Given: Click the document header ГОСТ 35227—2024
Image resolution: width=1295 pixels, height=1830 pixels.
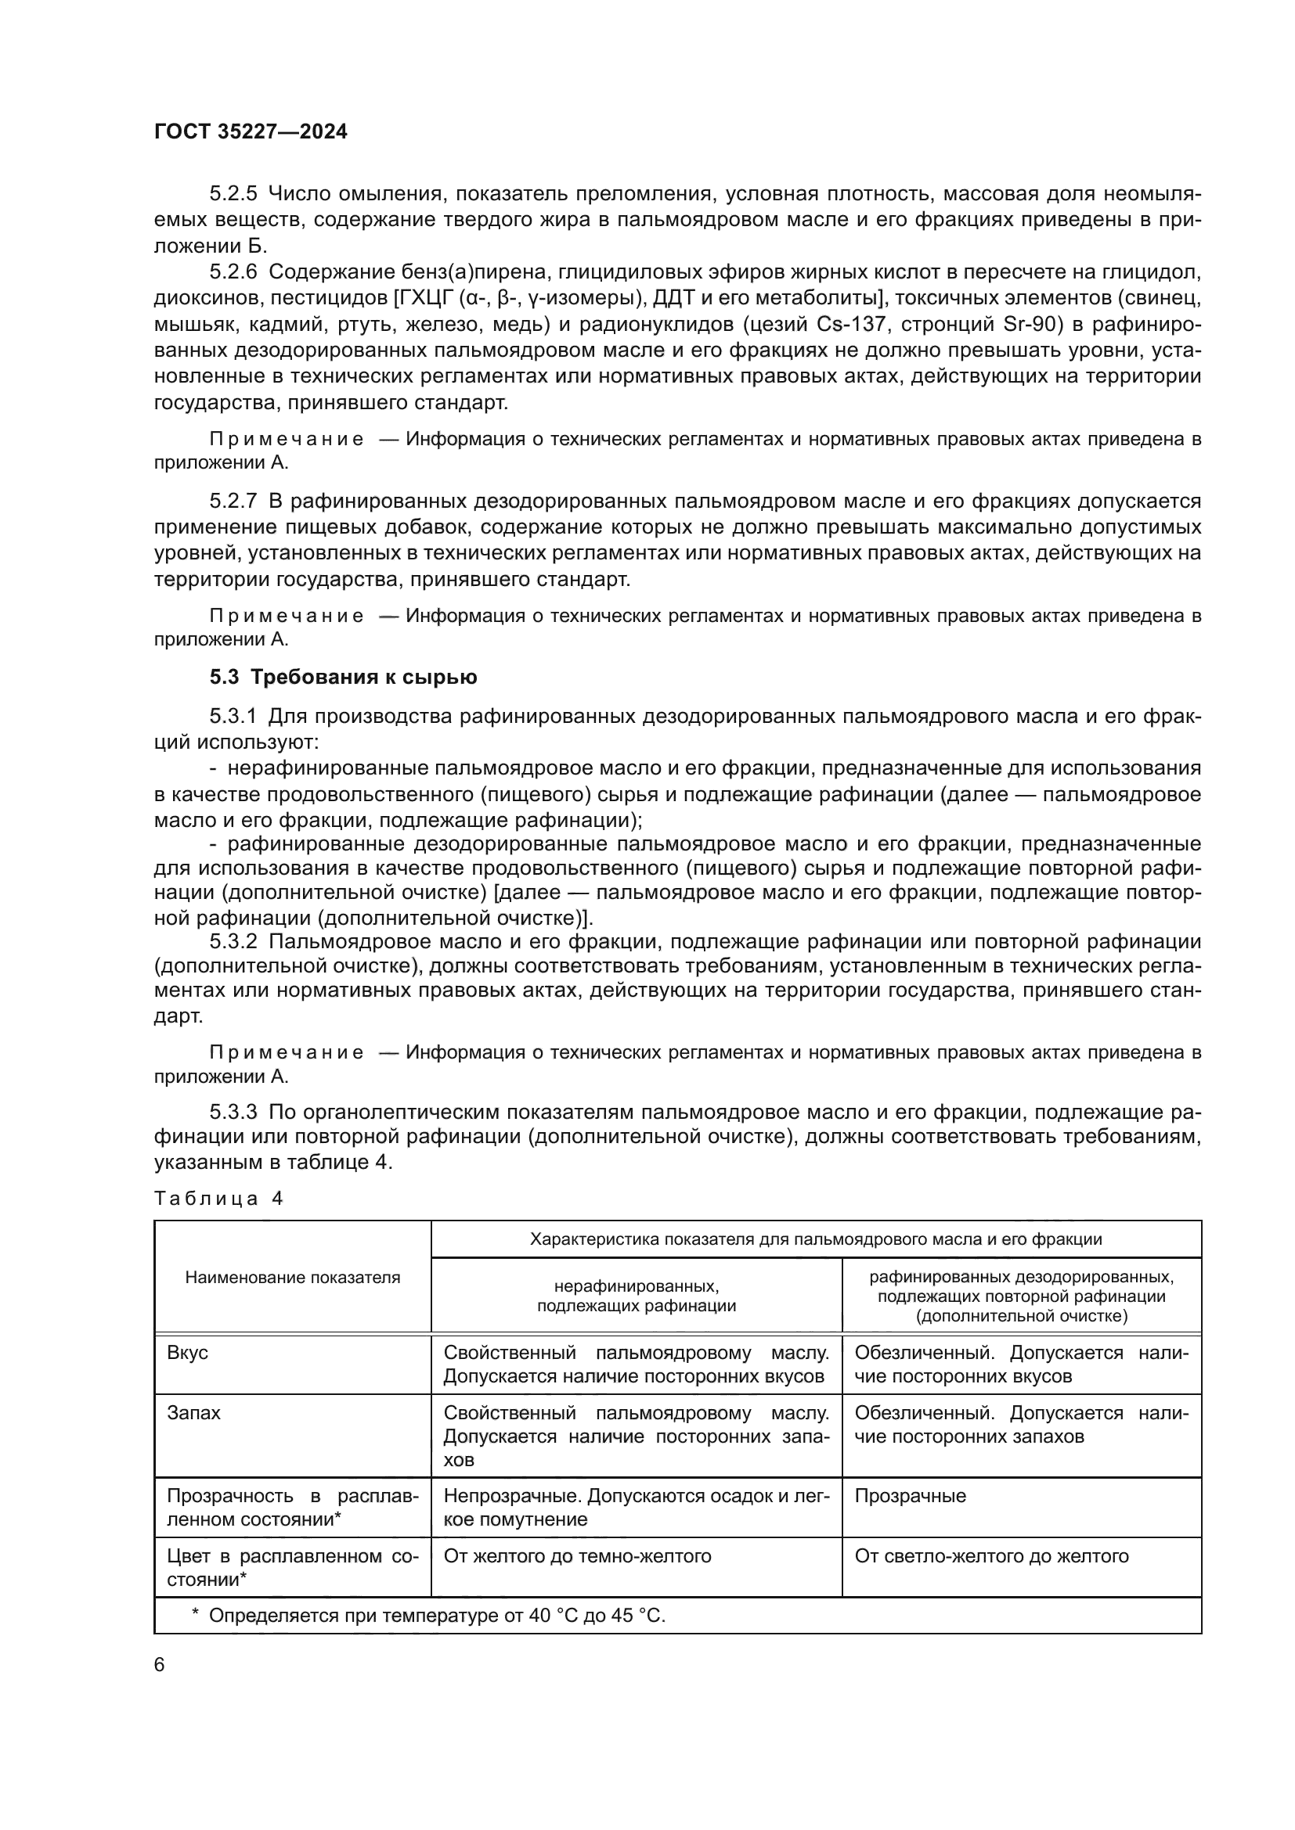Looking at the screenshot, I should [251, 132].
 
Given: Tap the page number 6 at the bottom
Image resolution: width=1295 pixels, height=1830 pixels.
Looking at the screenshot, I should [160, 1664].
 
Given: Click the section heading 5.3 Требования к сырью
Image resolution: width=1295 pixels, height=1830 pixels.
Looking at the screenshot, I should [343, 677].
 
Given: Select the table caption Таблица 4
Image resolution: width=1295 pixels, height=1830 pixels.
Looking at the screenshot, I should [218, 1199].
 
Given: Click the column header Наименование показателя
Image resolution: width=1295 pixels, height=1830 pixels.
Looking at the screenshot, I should [293, 1278].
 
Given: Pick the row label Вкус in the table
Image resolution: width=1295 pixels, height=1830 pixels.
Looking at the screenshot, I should [187, 1354].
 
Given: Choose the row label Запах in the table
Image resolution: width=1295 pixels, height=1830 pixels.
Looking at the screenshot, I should [193, 1413].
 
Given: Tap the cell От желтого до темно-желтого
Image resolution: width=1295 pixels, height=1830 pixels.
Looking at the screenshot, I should [577, 1556].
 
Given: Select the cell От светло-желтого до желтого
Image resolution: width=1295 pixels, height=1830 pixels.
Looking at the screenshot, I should [991, 1556].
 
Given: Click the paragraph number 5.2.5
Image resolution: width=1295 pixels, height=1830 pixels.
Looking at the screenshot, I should [233, 194].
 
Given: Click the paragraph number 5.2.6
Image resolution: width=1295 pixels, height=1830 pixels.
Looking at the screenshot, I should [233, 271].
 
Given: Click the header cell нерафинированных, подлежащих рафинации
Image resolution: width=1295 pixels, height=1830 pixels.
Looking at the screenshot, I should [636, 1296].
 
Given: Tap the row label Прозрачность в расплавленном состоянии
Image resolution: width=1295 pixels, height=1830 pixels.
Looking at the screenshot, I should [292, 1507].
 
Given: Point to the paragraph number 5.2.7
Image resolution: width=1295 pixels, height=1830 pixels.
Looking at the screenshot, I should [233, 501].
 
